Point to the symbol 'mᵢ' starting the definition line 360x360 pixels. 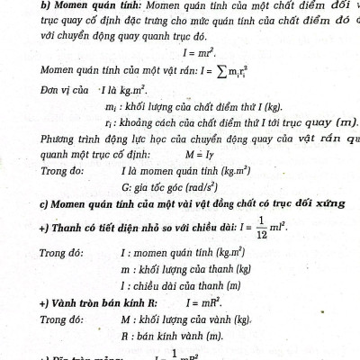(111, 107)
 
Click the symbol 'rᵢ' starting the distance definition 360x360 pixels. (108, 122)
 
